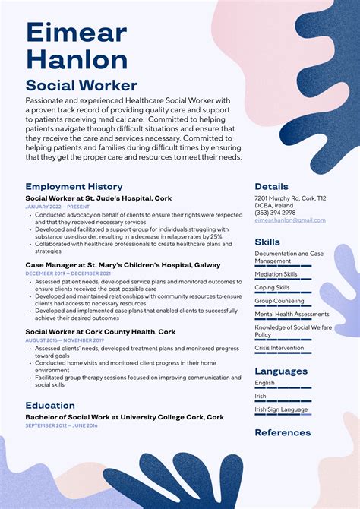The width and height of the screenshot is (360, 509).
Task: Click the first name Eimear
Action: click(x=76, y=33)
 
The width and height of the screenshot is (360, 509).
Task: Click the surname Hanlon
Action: click(x=77, y=60)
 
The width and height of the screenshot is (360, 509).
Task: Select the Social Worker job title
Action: click(x=81, y=86)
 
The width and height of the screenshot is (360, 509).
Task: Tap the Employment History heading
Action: click(x=74, y=186)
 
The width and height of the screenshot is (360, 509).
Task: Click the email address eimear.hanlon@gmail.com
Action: click(x=289, y=220)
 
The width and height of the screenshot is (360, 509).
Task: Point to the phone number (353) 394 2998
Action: click(x=275, y=213)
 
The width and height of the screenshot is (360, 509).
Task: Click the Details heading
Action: click(x=271, y=186)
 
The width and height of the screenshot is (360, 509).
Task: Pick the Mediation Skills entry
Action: click(x=276, y=274)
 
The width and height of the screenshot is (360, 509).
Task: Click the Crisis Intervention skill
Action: click(x=279, y=347)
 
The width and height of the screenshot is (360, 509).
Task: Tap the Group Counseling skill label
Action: click(x=279, y=301)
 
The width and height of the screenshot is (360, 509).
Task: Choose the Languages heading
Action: click(x=281, y=371)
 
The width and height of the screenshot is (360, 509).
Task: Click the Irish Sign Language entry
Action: click(x=282, y=409)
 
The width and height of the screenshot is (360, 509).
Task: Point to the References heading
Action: click(x=283, y=432)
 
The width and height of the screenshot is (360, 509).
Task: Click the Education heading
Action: click(x=50, y=406)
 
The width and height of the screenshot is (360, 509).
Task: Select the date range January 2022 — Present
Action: click(x=57, y=207)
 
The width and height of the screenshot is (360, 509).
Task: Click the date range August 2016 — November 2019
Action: click(x=64, y=340)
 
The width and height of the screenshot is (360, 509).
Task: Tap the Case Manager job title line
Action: click(x=122, y=265)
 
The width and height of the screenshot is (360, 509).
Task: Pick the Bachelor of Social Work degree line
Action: click(x=125, y=417)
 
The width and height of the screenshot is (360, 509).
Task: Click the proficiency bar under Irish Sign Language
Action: click(x=283, y=415)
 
